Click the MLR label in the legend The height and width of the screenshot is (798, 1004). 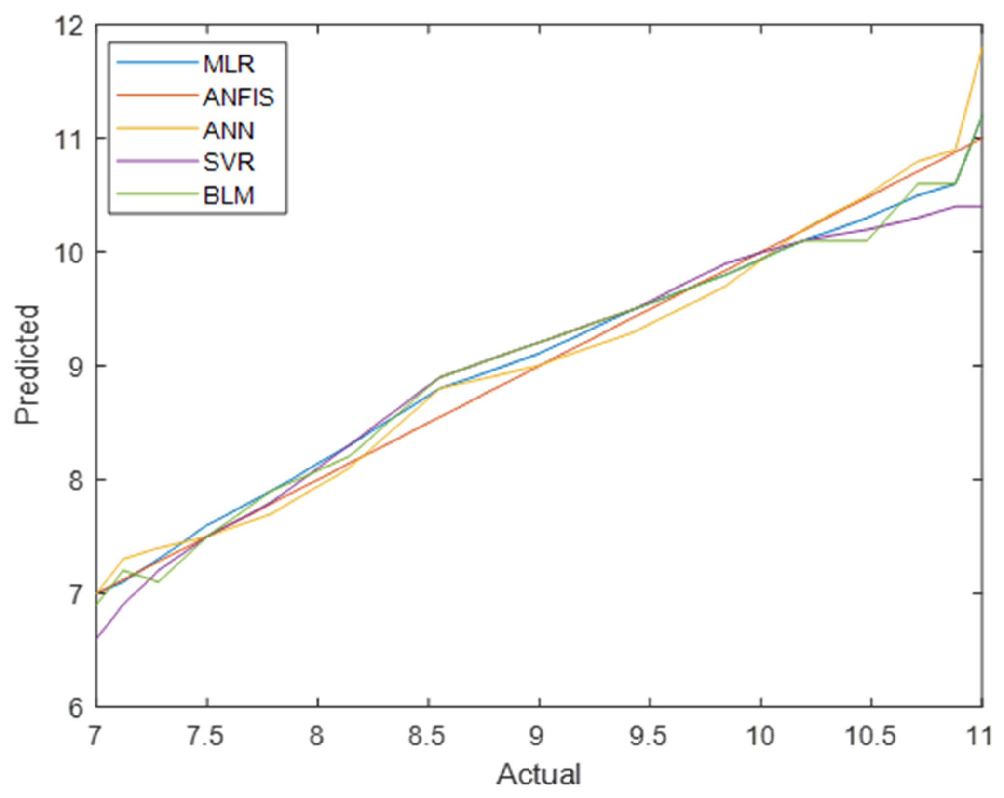click(228, 64)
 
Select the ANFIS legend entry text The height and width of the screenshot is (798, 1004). click(238, 97)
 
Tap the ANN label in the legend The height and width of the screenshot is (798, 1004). click(228, 131)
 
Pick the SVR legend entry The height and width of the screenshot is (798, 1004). click(228, 162)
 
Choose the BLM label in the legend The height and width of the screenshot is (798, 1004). click(228, 195)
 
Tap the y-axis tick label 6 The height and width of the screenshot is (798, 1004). click(76, 708)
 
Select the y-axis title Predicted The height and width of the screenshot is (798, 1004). click(27, 365)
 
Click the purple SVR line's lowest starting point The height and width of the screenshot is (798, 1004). click(97, 638)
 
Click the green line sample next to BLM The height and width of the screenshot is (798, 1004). click(158, 195)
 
